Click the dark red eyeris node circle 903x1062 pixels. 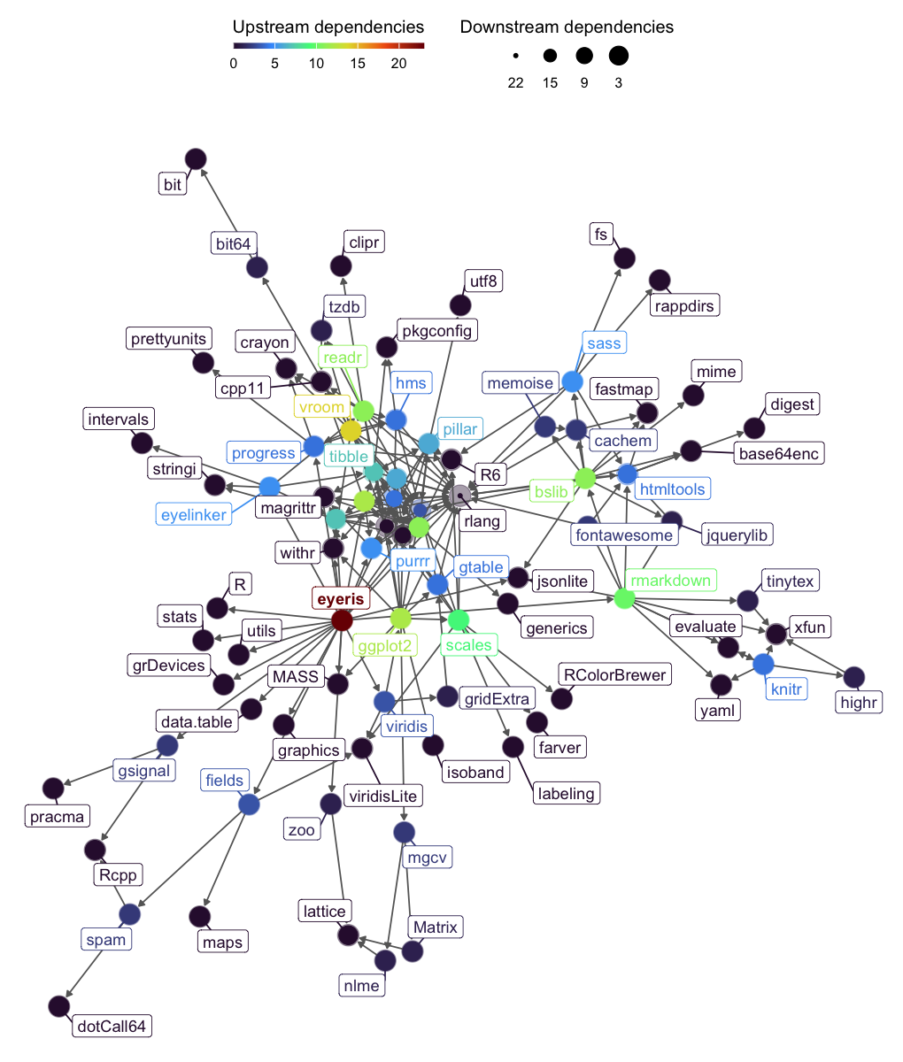pos(342,620)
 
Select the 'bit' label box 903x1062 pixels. pos(172,184)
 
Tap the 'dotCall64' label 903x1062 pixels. pos(112,1026)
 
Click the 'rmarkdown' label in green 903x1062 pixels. pos(671,580)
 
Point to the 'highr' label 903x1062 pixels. pos(859,702)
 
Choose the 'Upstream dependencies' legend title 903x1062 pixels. pos(328,27)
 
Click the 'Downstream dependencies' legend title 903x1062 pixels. pos(567,27)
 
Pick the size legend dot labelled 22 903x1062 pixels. pos(515,56)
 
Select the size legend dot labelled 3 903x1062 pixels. pos(618,56)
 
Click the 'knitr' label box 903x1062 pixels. pos(786,689)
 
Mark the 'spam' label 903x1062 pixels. pos(106,939)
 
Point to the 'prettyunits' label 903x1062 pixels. pos(168,339)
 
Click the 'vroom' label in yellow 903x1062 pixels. pos(321,407)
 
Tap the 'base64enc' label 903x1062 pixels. pos(779,453)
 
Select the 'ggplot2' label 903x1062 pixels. pos(385,645)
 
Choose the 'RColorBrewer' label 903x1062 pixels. pos(614,674)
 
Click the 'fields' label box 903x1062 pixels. pos(225,780)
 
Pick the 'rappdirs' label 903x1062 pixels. pos(684,305)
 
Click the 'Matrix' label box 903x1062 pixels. pos(436,927)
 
